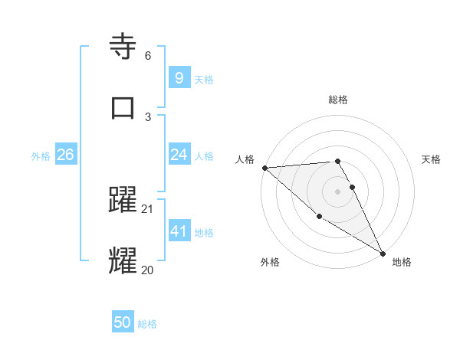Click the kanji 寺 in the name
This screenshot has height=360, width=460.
[123, 47]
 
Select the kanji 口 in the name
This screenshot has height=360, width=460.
[123, 107]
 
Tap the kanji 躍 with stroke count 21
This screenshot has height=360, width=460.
[123, 201]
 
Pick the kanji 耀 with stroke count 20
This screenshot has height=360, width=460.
[123, 260]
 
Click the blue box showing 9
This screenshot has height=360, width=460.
[179, 77]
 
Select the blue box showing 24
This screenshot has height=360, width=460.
[179, 155]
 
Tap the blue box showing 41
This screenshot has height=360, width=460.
[179, 231]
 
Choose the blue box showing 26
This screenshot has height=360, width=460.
[65, 155]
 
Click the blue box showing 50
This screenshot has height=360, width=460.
[123, 322]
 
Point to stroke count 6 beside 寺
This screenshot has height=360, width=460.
[148, 56]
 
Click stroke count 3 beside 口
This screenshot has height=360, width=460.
[148, 116]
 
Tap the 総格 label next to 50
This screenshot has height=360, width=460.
[147, 324]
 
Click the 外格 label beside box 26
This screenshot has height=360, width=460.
[41, 155]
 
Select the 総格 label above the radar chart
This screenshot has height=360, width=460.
[337, 100]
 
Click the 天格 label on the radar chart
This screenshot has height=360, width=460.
[431, 159]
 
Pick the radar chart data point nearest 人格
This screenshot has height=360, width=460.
[264, 167]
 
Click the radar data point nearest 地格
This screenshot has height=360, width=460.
[383, 253]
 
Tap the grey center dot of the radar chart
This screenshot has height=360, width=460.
[337, 191]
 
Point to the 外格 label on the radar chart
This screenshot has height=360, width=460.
[270, 262]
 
